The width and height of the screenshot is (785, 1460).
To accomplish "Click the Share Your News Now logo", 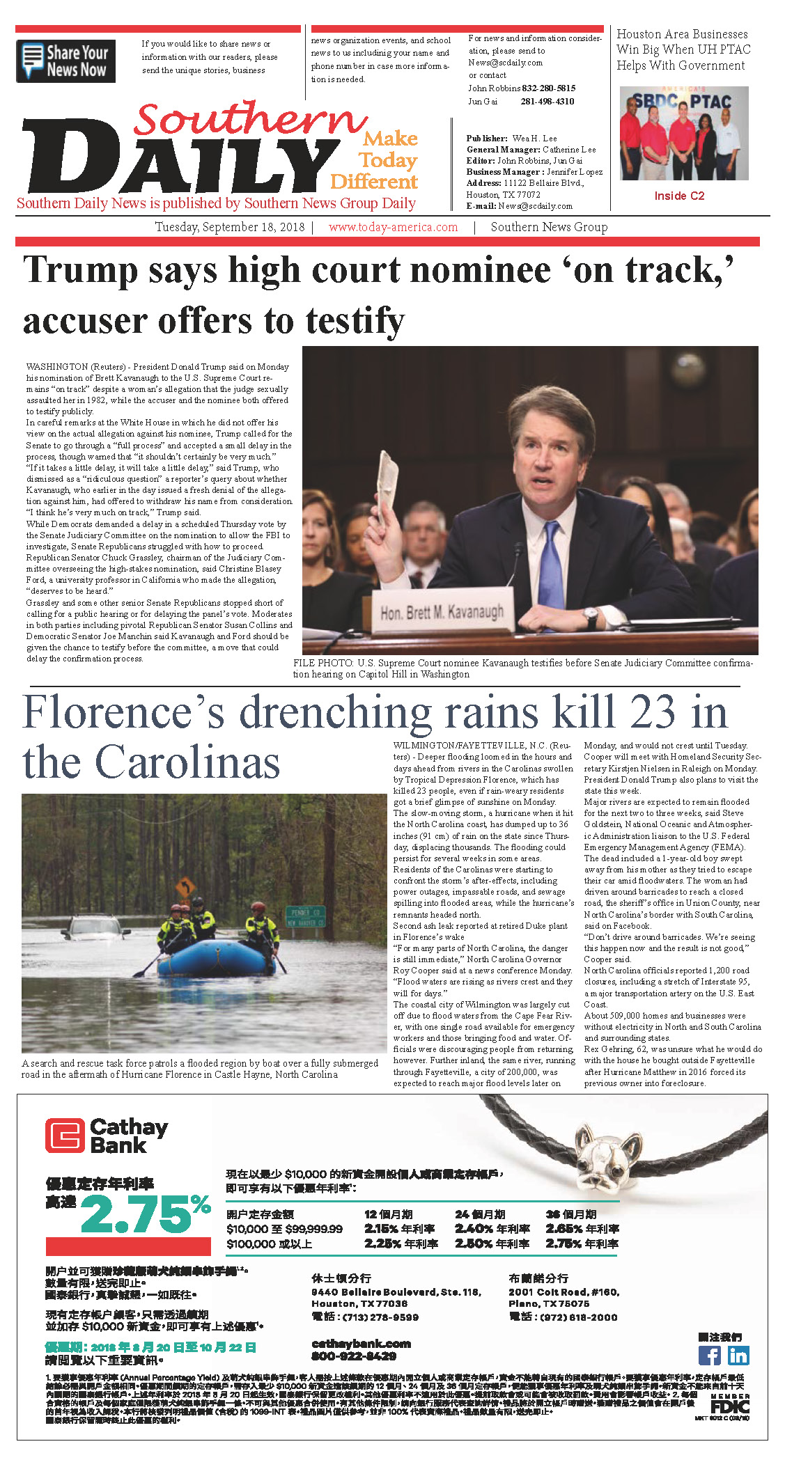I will coord(66,61).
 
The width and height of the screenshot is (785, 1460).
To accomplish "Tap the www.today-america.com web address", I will coord(393,227).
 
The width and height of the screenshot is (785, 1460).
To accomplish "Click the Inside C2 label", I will coord(679,196).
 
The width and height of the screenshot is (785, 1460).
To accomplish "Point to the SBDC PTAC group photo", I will coord(683,133).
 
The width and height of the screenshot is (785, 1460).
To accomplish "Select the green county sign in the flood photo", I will coord(305,916).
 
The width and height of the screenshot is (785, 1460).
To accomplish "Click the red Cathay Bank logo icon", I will coord(64,1136).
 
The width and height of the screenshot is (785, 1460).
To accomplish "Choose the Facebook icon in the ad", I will coord(709,1355).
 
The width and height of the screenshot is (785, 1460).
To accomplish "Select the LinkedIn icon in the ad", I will coord(738,1355).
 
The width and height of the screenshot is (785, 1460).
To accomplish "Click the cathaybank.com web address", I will coord(361,1343).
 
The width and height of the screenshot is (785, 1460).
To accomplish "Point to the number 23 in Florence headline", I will coord(653,712).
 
